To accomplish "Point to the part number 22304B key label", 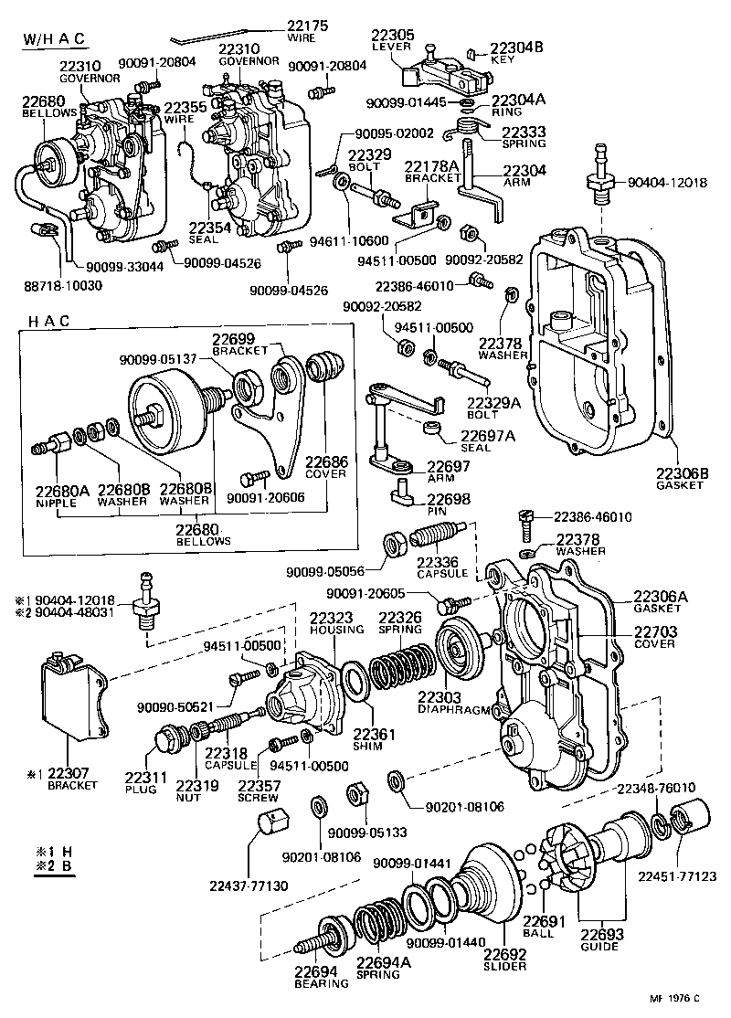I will (517, 49).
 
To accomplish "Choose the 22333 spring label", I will (524, 133).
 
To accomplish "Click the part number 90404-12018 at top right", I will (668, 183).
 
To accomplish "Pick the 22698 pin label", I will (450, 501).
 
